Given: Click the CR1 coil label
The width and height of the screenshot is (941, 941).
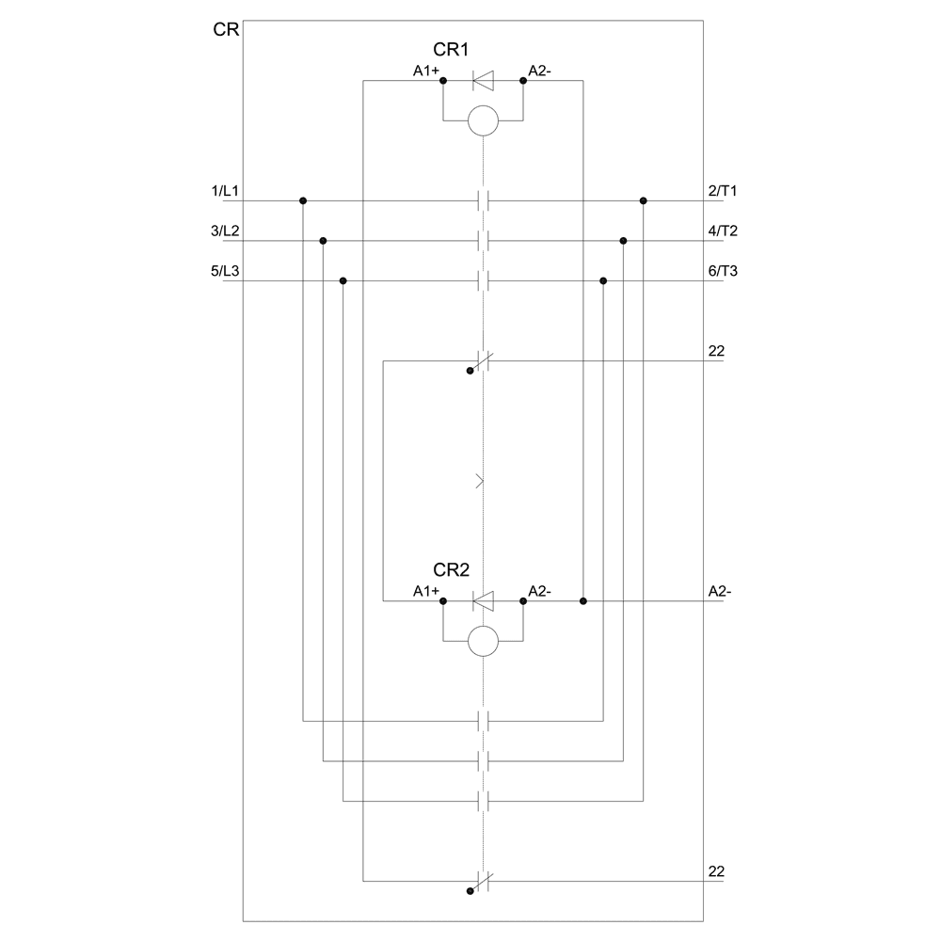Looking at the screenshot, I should [451, 49].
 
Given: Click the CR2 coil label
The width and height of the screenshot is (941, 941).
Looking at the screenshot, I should [451, 569].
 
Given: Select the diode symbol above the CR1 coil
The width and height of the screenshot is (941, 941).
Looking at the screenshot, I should [483, 81].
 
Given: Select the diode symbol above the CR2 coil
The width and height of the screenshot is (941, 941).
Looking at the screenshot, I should [483, 600].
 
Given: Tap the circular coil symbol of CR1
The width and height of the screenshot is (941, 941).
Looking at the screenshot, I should [483, 120].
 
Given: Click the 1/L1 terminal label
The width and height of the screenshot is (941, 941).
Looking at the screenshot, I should [225, 191].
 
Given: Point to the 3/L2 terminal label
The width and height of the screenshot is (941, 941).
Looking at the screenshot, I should [225, 231].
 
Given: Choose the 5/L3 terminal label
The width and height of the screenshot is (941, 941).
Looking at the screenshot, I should [225, 271].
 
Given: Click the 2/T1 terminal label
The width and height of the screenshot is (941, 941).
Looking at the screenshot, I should [722, 191].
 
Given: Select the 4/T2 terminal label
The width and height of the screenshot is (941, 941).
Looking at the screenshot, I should [722, 231].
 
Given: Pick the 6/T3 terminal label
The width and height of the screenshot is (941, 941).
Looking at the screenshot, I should [722, 271].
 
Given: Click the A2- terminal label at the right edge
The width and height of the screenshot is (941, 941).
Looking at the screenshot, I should [720, 592].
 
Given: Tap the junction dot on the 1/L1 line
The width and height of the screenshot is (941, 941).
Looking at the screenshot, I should [303, 200].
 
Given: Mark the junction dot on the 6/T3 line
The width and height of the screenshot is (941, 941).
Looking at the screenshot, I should [603, 280].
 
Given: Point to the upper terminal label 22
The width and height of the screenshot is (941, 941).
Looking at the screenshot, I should [715, 351].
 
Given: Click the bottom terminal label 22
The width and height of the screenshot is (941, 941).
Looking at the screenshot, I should [715, 871].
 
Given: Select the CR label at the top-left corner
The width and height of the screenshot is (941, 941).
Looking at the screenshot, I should [226, 30].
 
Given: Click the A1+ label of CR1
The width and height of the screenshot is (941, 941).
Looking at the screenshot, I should [426, 71].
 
